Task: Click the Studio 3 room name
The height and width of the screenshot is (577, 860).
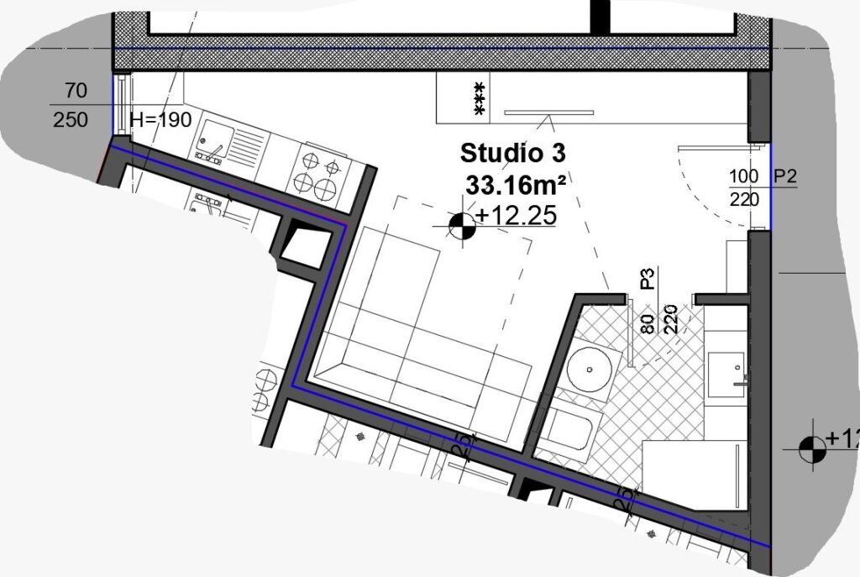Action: point(512,154)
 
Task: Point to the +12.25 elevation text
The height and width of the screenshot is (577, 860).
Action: point(516,216)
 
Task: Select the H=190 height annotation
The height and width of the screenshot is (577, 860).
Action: point(161,120)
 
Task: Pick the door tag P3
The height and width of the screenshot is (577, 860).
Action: point(647,278)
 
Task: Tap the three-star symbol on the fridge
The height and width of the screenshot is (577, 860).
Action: point(480,97)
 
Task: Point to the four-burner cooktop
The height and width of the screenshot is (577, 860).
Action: point(318,172)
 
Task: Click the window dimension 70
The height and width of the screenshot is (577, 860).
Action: point(76,91)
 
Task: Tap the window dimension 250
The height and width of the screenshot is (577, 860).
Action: point(71,120)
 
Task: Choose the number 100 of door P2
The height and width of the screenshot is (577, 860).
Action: point(744,176)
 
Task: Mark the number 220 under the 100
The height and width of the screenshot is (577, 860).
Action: point(744,199)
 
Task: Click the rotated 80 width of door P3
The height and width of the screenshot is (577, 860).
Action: point(647,323)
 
